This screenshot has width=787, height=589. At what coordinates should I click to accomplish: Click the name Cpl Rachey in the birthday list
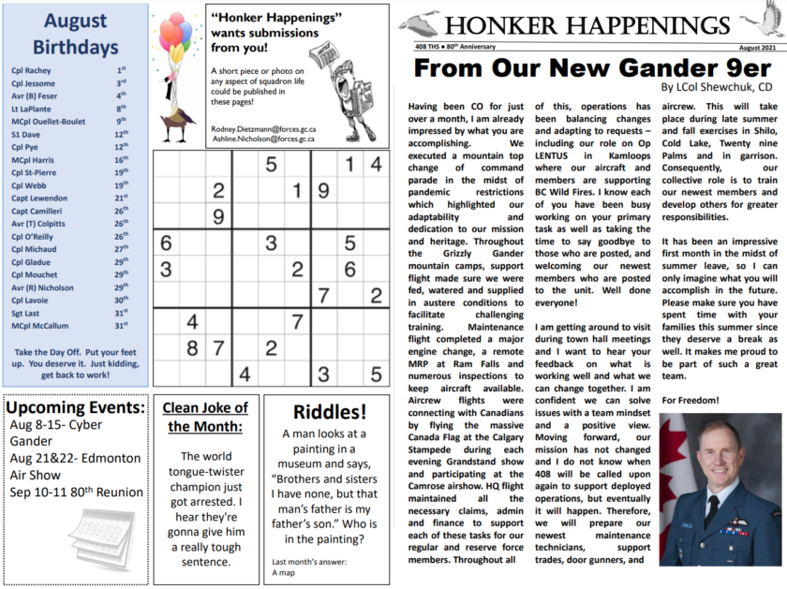pos(32,69)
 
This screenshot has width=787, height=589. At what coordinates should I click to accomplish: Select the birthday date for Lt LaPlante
pos(122,109)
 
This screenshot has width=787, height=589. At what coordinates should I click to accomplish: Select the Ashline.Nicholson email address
pos(263,139)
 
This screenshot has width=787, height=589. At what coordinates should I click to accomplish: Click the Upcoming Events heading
pos(75,407)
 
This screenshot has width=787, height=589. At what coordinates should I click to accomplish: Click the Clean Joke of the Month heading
pos(204,417)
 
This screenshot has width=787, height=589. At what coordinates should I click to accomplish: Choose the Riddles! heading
pos(328,412)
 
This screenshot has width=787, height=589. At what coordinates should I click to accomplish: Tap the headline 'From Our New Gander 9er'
pos(592,67)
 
